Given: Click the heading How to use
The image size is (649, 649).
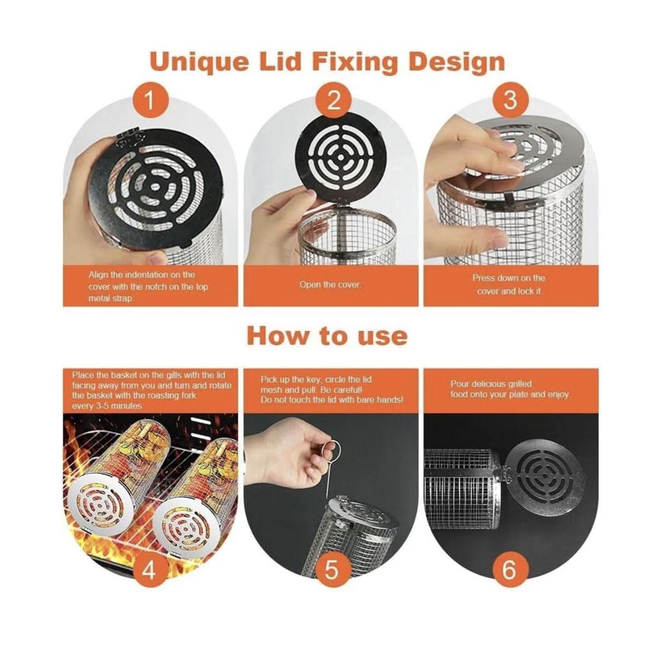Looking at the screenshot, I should [327, 336].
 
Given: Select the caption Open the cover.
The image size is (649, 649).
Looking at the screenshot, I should [332, 284].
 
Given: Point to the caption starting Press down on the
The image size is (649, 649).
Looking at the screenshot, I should [509, 284].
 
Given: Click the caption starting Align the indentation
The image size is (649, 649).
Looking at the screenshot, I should [149, 286].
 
